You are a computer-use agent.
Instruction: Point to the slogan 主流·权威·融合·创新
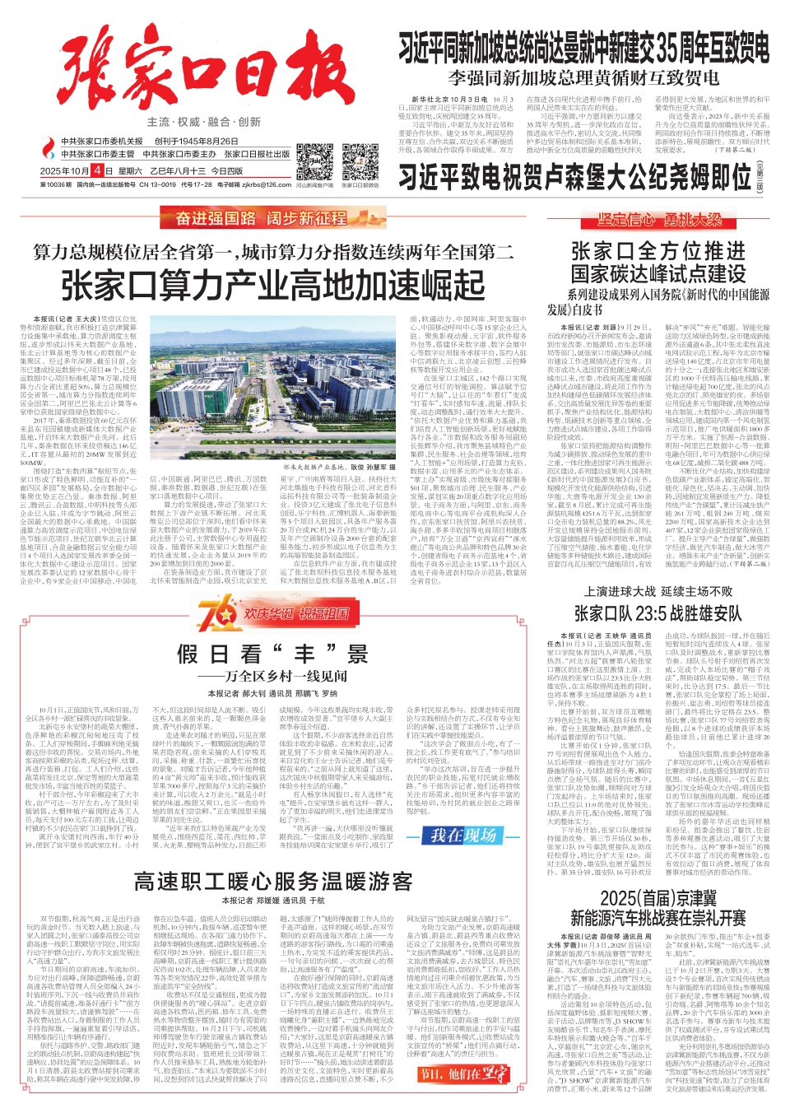[x=204, y=122]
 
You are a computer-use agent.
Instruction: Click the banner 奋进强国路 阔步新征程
[x=262, y=218]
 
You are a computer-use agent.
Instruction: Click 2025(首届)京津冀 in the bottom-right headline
[x=658, y=898]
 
